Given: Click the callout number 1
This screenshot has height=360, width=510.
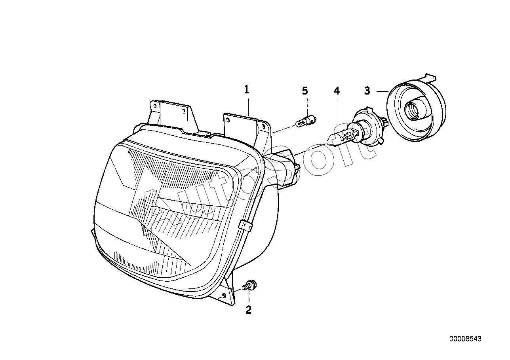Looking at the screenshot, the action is [x=246, y=90].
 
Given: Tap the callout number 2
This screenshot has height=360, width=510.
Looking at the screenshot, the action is [x=248, y=310].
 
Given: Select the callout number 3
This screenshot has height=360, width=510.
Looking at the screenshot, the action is [x=367, y=91].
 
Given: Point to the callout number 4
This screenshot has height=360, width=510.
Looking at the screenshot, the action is [x=337, y=91].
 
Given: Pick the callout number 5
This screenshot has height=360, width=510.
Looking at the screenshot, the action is [x=304, y=91].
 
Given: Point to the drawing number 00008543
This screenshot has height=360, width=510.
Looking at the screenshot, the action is [x=465, y=339].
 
